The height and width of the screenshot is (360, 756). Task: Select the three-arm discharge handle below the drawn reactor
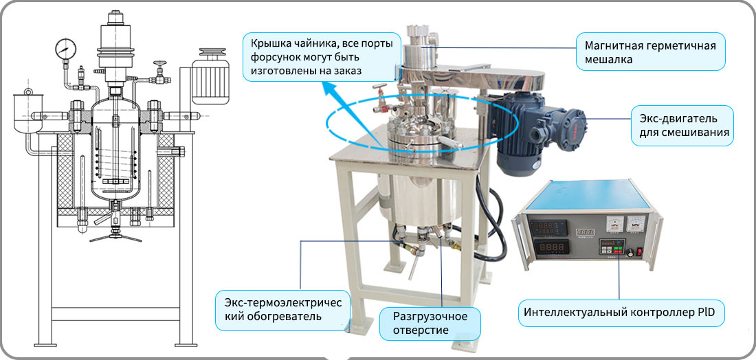(x=115, y=236)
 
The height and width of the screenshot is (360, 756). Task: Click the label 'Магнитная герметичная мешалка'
(x=651, y=52)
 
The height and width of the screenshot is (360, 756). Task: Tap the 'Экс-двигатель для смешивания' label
(x=682, y=125)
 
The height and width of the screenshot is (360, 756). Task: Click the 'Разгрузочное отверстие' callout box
(x=430, y=324)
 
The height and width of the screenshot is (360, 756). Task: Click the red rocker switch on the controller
(x=639, y=251)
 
